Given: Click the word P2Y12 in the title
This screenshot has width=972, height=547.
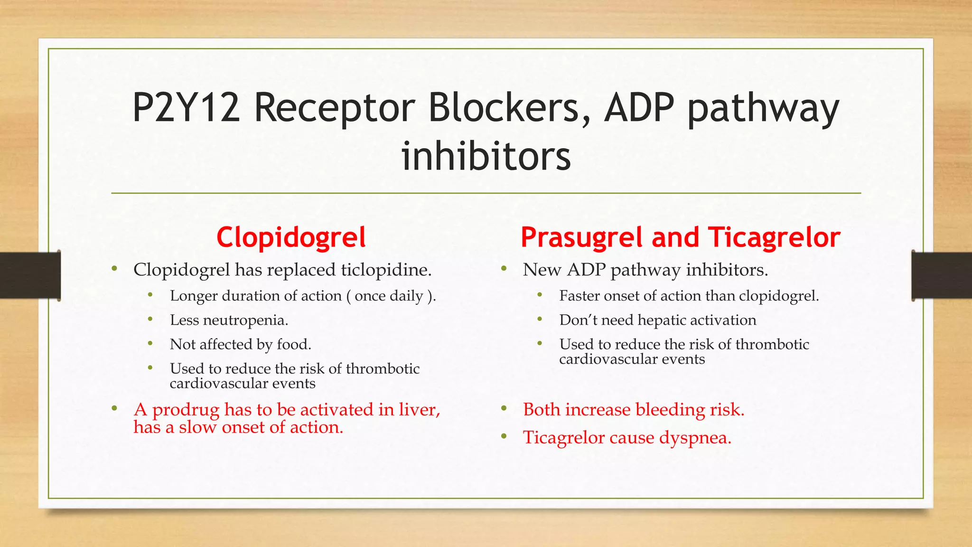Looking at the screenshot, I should point(186,108).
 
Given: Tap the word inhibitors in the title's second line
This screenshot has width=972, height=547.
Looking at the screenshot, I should point(486,157).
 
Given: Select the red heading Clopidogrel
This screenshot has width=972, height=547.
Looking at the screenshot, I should point(291,237).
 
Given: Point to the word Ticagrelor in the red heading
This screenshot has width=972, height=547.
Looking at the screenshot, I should point(774,237).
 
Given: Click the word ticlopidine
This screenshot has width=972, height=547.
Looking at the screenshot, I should point(385,270).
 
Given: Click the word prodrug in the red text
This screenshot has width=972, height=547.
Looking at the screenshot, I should point(186,410).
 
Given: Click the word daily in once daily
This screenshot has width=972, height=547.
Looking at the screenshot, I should point(406,296).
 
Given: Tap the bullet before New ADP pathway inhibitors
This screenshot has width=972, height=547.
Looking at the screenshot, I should point(504,269).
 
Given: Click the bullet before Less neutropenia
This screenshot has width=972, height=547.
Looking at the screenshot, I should point(150,319).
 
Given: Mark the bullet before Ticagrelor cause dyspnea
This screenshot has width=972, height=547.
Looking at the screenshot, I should point(504,436).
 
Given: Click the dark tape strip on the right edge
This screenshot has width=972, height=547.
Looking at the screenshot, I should point(942,275).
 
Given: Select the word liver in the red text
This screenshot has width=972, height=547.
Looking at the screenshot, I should point(418,410).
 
